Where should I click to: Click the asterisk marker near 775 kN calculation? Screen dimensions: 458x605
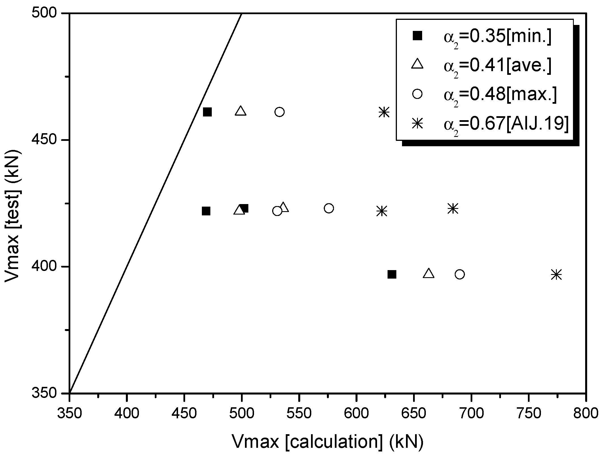[x=556, y=275]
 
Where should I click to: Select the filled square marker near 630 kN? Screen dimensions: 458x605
[x=392, y=274]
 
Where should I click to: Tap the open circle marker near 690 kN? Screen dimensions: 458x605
[x=460, y=274]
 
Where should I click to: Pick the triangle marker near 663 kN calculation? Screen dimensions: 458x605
[x=428, y=273]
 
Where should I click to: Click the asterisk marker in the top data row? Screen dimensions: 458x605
[x=384, y=112]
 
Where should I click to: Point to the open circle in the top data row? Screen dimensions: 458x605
[x=280, y=112]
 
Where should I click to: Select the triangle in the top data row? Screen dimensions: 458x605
[x=241, y=111]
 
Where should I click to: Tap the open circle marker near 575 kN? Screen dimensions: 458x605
[x=329, y=208]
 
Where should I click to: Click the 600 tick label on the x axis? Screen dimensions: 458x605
[x=356, y=414]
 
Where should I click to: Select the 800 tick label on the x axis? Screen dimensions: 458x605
[x=585, y=414]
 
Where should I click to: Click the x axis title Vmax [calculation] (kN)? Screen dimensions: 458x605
[x=328, y=441]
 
